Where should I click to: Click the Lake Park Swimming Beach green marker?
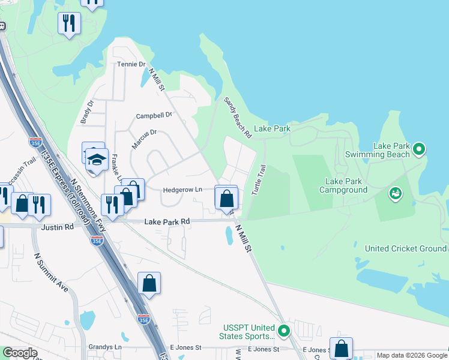(420, 149)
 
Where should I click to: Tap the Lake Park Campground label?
(351, 185)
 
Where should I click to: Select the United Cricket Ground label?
(406, 248)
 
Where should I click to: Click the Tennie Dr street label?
(131, 64)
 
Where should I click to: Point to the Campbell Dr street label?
(154, 115)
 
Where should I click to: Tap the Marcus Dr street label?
(144, 139)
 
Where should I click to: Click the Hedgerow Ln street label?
(182, 190)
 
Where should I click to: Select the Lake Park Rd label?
(167, 221)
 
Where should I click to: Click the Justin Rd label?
(58, 227)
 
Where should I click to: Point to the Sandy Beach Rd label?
(237, 118)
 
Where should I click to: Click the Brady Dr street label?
(87, 112)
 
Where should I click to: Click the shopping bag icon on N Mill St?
(226, 197)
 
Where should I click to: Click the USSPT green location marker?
(285, 330)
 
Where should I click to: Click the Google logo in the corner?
(20, 353)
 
